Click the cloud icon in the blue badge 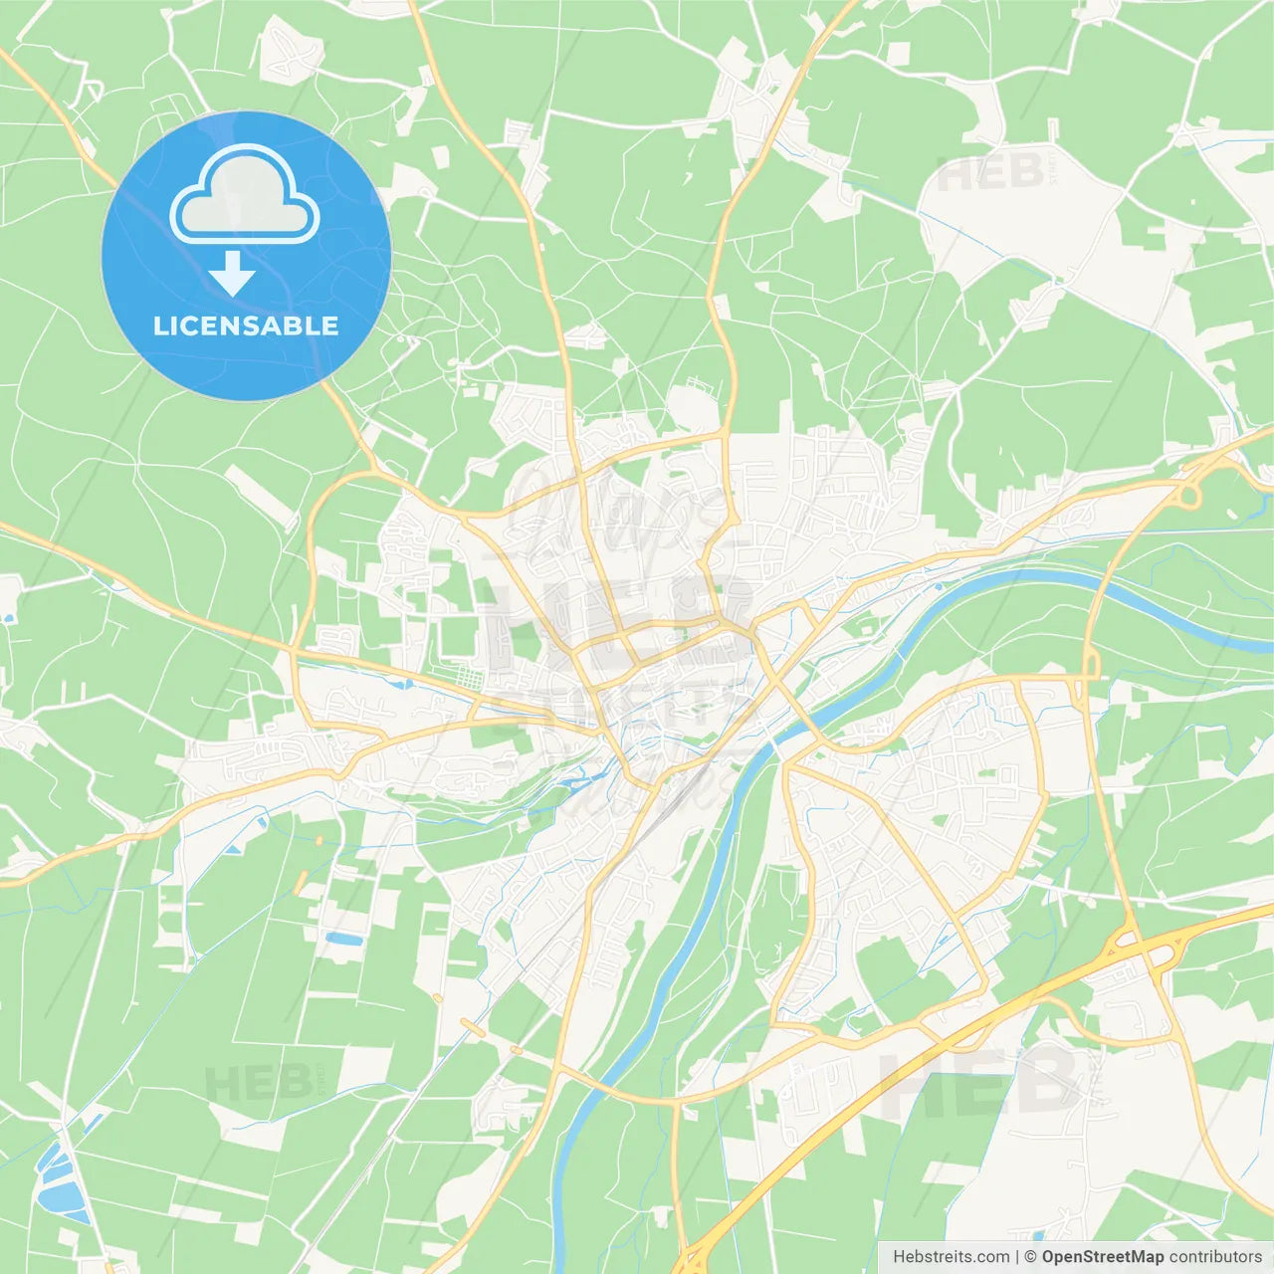click(x=245, y=194)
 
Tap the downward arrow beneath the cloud click(x=232, y=274)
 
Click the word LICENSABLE click(x=246, y=325)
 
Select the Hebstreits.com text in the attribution click(x=951, y=1257)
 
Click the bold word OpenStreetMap click(x=1102, y=1257)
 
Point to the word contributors click(x=1215, y=1257)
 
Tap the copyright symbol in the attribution click(x=1031, y=1257)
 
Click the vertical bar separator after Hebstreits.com click(x=1017, y=1257)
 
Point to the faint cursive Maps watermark click(x=617, y=508)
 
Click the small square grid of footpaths click(x=464, y=680)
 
